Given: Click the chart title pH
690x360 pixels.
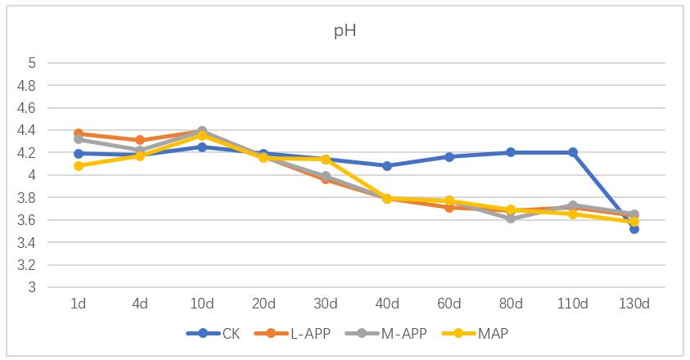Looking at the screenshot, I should (x=344, y=32).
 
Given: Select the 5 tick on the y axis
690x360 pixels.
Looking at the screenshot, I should (x=33, y=63).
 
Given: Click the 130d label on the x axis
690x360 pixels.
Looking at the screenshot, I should (x=634, y=304).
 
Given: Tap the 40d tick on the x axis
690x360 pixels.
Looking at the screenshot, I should (x=387, y=304).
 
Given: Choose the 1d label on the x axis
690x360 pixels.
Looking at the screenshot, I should (x=79, y=304).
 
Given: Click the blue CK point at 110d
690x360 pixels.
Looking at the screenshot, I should (x=573, y=152).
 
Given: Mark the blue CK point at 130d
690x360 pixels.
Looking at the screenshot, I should (x=634, y=229).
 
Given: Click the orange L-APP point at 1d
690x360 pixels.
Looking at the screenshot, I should (x=79, y=133).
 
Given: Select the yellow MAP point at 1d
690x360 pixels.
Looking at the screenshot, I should (x=79, y=166).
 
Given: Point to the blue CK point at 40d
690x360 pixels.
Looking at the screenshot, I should (x=387, y=166).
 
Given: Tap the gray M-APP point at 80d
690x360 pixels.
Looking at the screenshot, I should (x=511, y=218).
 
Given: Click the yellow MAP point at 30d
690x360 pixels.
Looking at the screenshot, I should (x=326, y=159).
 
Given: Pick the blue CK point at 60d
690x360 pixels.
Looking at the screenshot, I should (x=449, y=156).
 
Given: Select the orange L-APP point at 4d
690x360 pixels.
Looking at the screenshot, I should (x=140, y=140).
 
